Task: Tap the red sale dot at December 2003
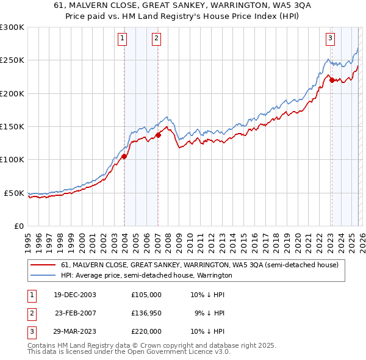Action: tap(124, 156)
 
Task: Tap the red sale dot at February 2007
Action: tap(158, 135)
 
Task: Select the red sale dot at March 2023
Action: tap(332, 80)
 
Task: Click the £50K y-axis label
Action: tap(15, 193)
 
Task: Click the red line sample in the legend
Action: tap(43, 265)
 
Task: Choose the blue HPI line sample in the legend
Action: tap(43, 275)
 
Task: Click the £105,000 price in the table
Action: tap(146, 294)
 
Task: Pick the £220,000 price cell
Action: tap(146, 331)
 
